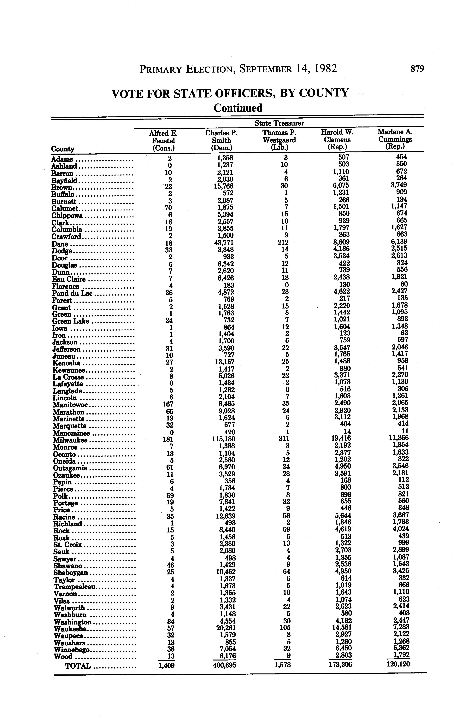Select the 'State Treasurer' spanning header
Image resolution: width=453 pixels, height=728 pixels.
279,123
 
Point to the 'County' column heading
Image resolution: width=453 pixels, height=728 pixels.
63,149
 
